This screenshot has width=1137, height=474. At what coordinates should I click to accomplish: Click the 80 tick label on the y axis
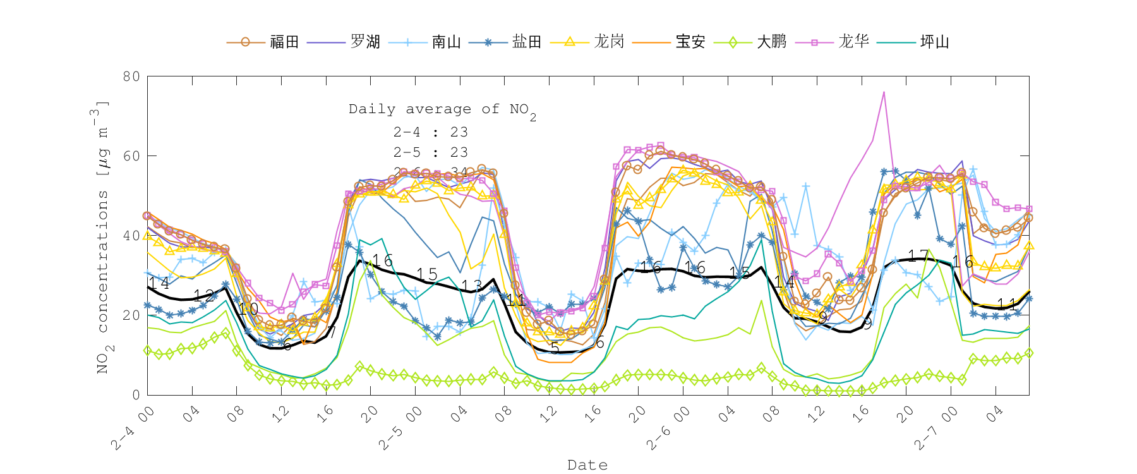(131, 76)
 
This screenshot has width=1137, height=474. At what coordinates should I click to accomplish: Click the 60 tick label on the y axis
(131, 156)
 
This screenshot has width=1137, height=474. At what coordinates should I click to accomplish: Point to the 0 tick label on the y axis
(136, 395)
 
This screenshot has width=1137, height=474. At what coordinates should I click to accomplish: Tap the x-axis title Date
(587, 465)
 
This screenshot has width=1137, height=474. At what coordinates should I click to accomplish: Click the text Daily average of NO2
(442, 110)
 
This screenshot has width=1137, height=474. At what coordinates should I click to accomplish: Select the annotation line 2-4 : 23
(430, 132)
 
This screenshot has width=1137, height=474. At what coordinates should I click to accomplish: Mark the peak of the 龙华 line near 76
(884, 92)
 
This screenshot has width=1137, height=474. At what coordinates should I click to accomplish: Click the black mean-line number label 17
(918, 255)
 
